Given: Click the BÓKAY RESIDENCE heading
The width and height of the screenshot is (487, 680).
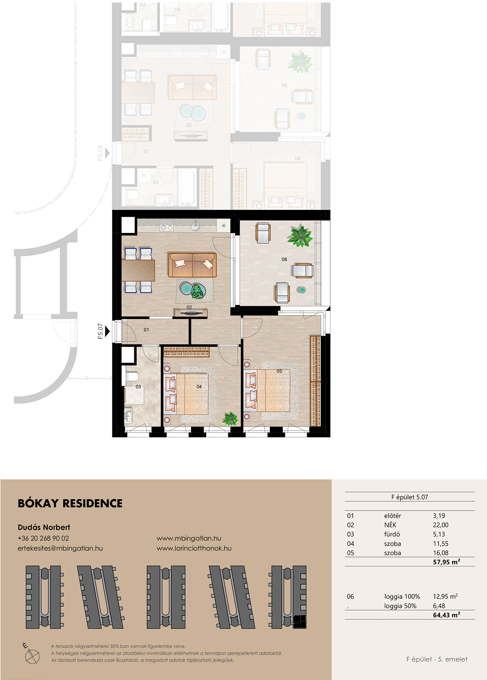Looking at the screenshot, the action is (x=70, y=503).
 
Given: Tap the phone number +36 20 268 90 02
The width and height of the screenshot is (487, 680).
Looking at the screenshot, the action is (x=43, y=538).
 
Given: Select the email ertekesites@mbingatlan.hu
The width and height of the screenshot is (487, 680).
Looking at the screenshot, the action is (x=60, y=548).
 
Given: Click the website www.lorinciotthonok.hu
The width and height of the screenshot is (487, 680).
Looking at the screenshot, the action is (x=194, y=548).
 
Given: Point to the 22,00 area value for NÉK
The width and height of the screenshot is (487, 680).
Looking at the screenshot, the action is (x=441, y=525).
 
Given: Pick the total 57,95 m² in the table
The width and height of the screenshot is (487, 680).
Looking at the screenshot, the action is (x=447, y=562).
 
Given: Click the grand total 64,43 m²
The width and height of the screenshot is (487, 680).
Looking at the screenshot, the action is (x=447, y=615).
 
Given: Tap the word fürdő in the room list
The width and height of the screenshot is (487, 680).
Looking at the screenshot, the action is (x=392, y=534).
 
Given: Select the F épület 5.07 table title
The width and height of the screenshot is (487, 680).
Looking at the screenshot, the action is (x=410, y=497).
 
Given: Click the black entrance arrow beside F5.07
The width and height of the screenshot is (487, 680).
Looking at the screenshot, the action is (x=108, y=332).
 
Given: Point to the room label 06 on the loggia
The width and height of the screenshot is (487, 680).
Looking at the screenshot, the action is (x=284, y=259).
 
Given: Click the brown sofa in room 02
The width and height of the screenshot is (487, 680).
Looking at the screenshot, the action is (x=192, y=265).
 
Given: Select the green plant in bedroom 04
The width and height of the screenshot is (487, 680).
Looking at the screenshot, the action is (x=230, y=418).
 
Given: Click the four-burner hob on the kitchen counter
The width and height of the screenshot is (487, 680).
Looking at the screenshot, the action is (x=167, y=225).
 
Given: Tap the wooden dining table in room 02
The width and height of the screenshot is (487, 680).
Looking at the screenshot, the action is (x=138, y=270).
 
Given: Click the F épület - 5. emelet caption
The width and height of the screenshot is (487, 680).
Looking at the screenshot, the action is (x=437, y=659).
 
